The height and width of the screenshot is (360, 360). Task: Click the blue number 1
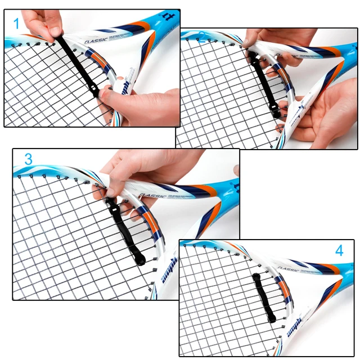pos(16,24)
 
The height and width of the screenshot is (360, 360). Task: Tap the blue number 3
pos(28,159)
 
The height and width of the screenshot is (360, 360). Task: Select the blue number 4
pos(339,250)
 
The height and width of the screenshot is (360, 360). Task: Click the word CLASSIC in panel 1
pos(98,40)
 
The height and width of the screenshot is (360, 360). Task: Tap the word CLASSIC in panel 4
pos(287,269)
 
